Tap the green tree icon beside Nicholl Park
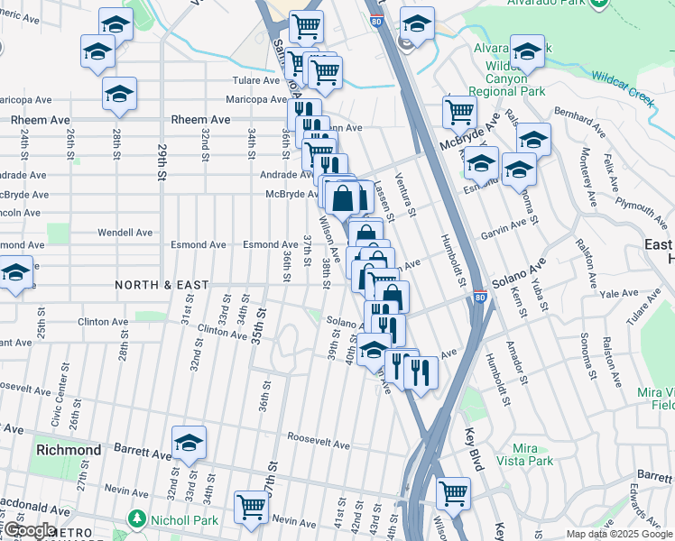[136, 519]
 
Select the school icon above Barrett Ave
[190, 442]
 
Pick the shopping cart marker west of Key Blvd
[453, 492]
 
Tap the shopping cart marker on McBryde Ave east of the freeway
[460, 113]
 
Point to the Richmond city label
[68, 449]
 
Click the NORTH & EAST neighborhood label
[162, 285]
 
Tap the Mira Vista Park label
[531, 455]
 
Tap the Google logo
[29, 530]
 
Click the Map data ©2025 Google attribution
[619, 534]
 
